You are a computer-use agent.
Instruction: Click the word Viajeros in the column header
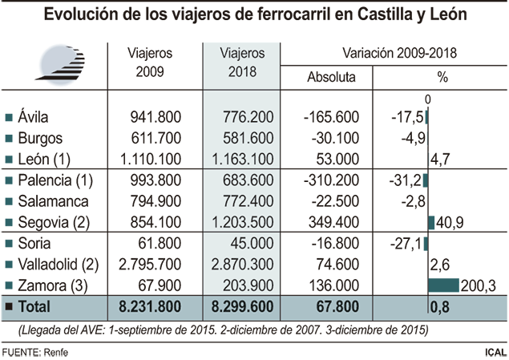click(242, 54)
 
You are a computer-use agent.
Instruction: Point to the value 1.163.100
click(245, 159)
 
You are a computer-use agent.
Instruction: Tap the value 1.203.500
click(245, 222)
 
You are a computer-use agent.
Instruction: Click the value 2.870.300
click(245, 264)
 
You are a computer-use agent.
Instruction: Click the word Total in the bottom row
click(34, 307)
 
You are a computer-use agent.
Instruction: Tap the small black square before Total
click(9, 307)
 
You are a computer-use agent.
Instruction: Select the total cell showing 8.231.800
click(150, 307)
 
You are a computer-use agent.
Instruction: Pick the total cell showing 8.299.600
click(241, 307)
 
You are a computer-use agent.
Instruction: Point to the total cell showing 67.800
click(328, 307)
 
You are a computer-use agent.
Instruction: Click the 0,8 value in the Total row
click(439, 307)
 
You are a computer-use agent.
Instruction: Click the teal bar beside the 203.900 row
click(446, 282)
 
